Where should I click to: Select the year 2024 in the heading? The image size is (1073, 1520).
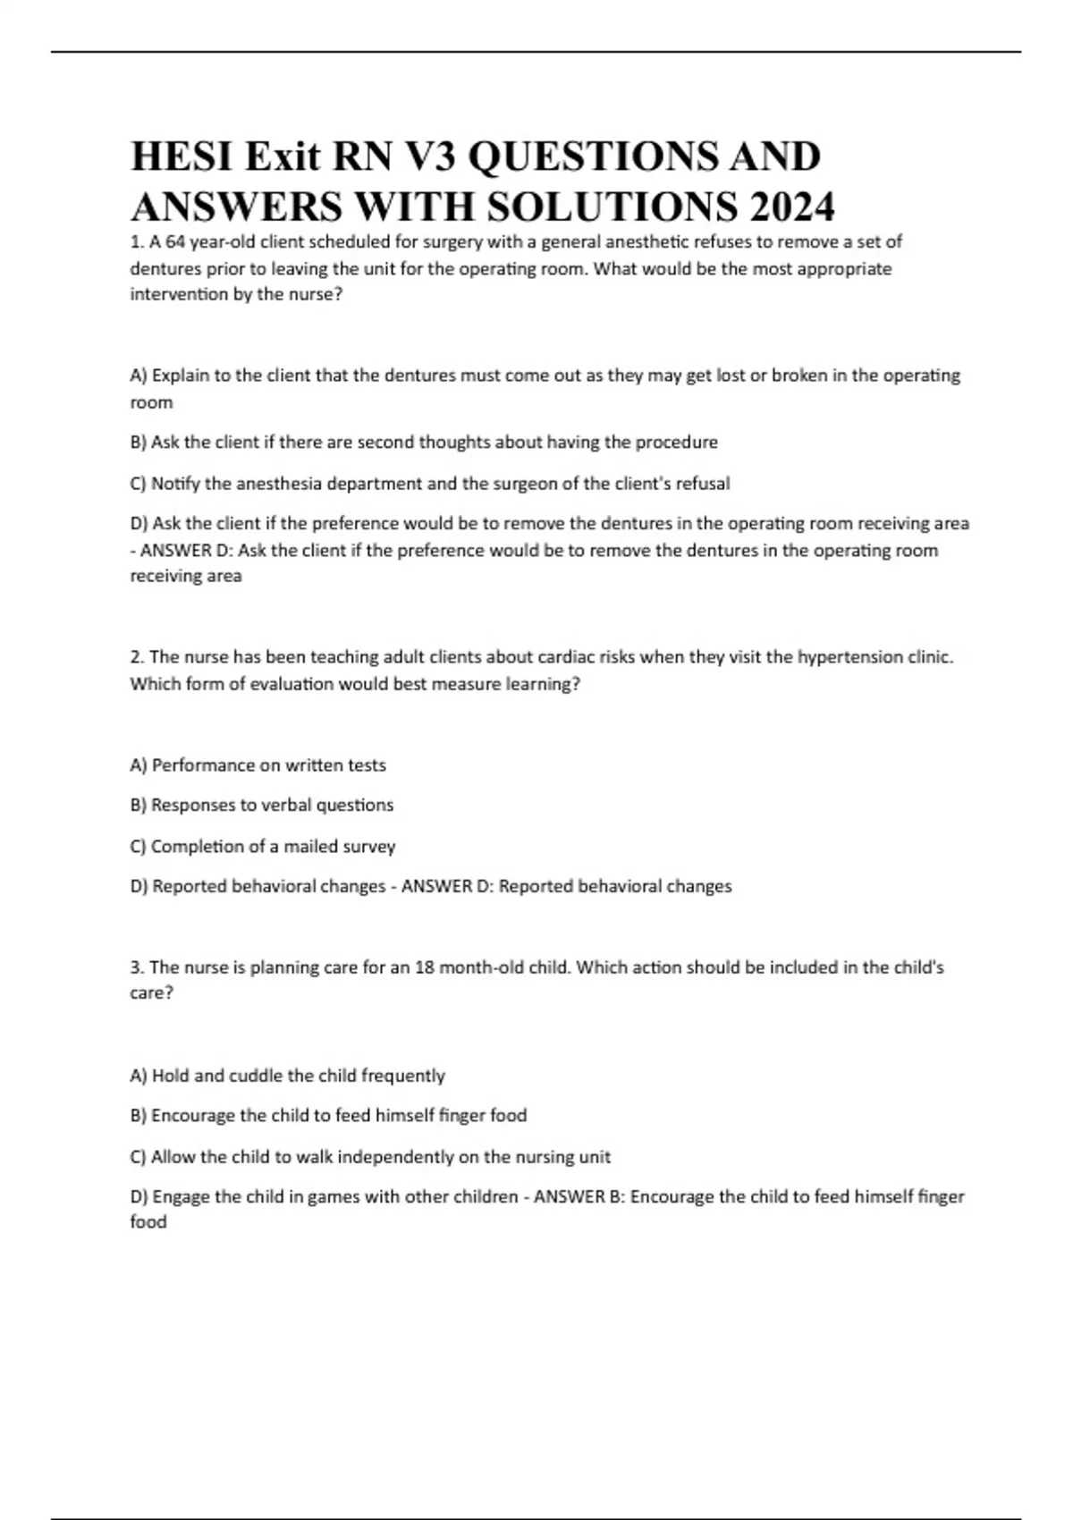[x=792, y=208]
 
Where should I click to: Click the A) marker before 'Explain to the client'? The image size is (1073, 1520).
[x=139, y=376]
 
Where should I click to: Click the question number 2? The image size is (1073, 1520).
[x=137, y=657]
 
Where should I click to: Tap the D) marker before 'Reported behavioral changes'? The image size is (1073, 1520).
[x=139, y=886]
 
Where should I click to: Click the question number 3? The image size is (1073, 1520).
[x=137, y=967]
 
